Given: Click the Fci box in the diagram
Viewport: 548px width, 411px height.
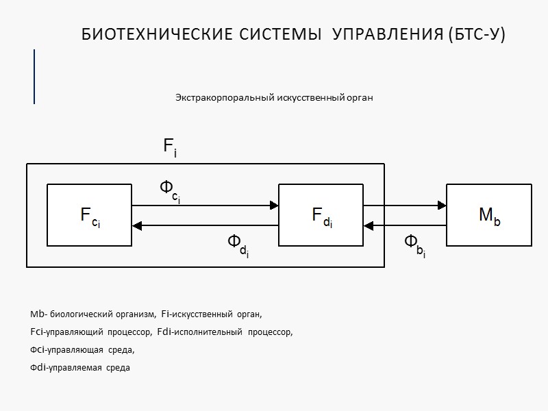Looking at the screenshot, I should pos(89,214).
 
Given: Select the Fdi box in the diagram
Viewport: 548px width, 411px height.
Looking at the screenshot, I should pos(321,214).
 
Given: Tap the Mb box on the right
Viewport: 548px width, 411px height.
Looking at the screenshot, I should pos(488,214).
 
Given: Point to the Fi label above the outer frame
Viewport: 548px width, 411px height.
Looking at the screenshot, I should pos(170,147).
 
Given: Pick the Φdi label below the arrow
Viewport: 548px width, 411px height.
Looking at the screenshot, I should pos(238,245).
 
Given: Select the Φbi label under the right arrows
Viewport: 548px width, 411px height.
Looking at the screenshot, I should pos(414,245).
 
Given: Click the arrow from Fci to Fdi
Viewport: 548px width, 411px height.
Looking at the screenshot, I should pos(205,205).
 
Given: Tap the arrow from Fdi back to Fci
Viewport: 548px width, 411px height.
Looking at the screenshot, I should pos(205,225).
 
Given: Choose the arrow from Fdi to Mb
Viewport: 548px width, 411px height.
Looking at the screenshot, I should pos(405,205).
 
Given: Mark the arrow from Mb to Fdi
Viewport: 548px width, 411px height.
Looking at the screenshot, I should pos(405,225).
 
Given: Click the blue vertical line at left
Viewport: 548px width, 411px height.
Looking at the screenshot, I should pos(34,77).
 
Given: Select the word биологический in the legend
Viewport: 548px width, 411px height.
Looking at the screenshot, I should pos(83,314).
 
